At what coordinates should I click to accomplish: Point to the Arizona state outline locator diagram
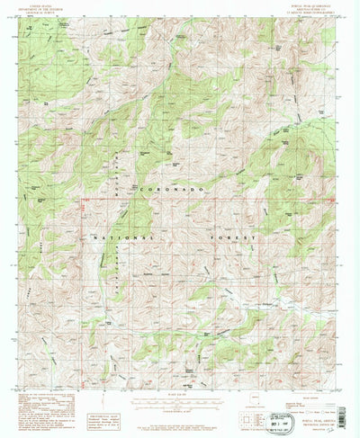257,398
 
